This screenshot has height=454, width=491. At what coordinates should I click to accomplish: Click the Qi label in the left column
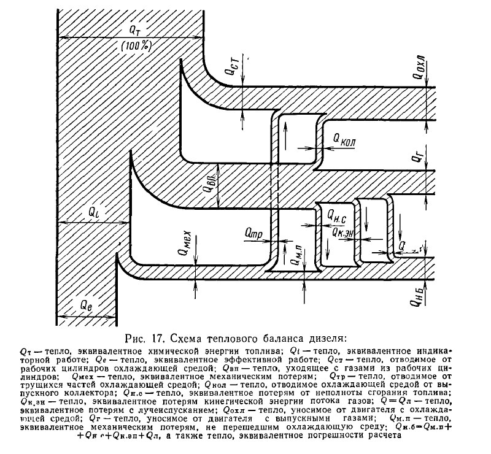tap(91, 212)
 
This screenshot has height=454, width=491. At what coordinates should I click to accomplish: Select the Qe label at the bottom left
tap(84, 304)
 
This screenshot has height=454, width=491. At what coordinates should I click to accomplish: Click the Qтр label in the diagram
tap(253, 233)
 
